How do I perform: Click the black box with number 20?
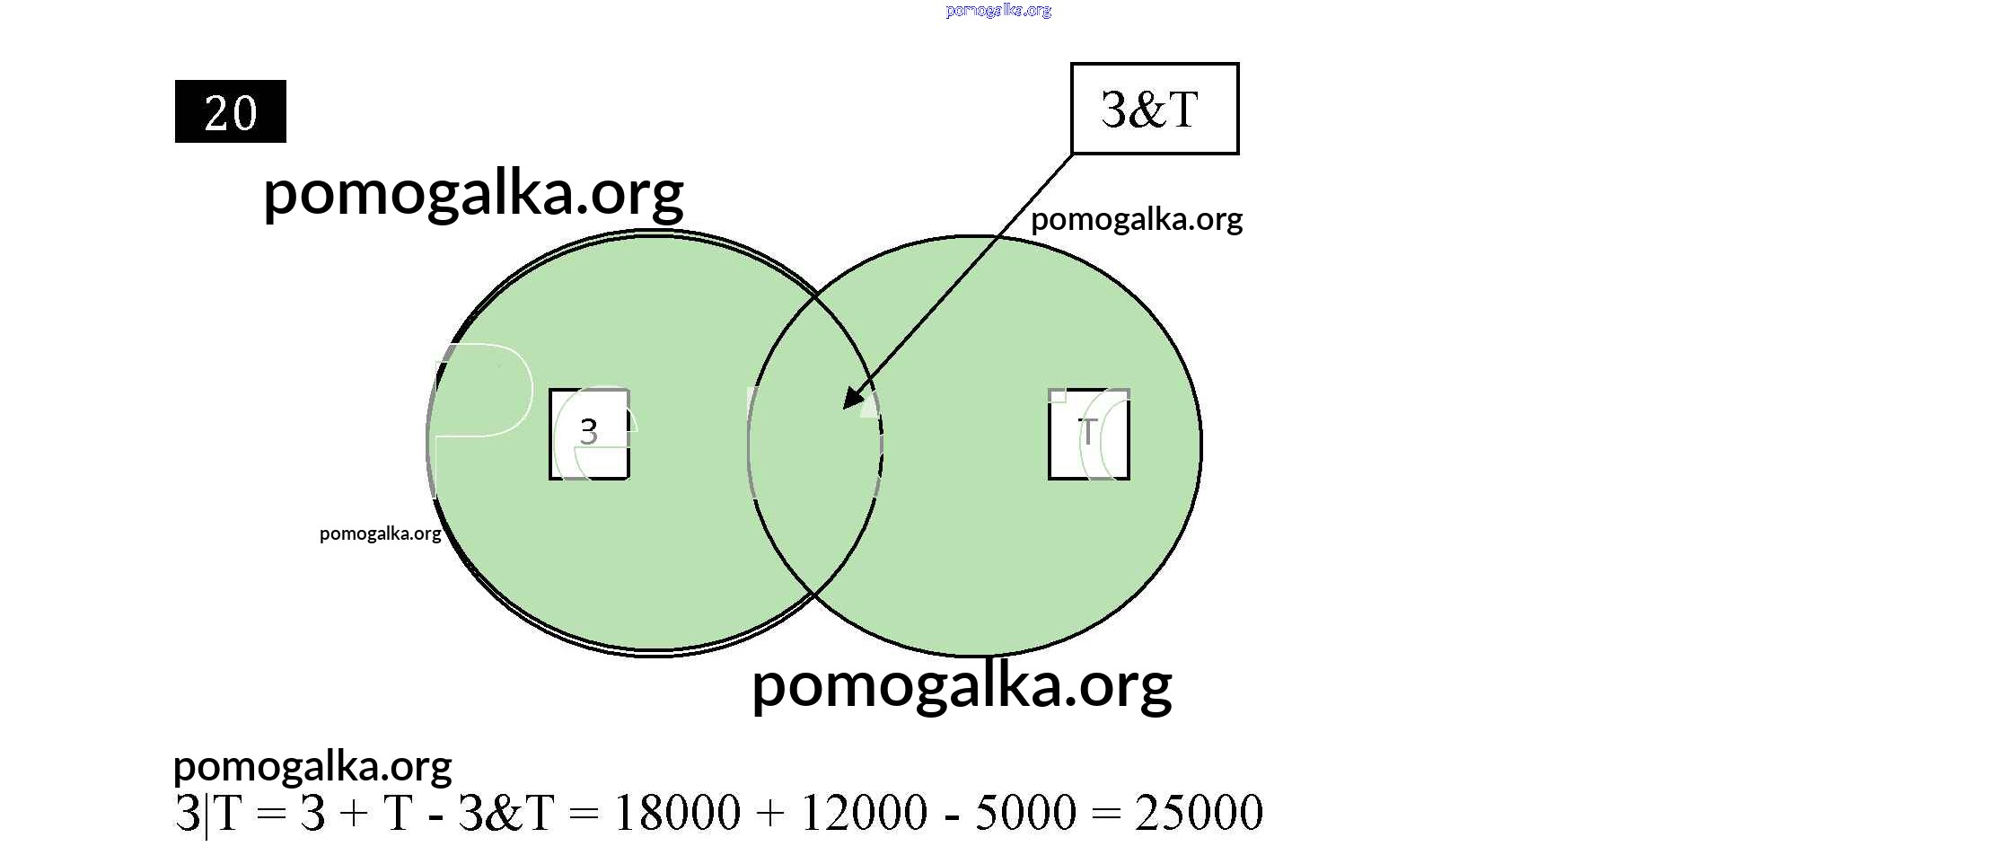point(230,111)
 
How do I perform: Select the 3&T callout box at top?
point(1154,109)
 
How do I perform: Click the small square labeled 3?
point(589,434)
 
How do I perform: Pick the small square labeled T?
point(1088,434)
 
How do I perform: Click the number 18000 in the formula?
point(677,812)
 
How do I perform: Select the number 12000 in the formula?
point(863,812)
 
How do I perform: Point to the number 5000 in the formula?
point(1024,812)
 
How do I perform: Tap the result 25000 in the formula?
point(1199,812)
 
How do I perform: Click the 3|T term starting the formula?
point(207,813)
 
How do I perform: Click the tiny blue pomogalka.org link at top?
point(997,11)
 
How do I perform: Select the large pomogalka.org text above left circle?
point(473,193)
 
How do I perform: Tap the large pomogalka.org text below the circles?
point(961,685)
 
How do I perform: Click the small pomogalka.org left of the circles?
point(380,533)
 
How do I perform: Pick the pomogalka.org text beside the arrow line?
point(1136,219)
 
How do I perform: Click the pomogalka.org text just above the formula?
point(312,766)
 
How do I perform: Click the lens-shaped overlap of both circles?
point(814,485)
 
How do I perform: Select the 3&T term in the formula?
point(505,812)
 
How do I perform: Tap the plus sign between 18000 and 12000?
point(769,813)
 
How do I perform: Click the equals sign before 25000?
point(1105,813)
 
